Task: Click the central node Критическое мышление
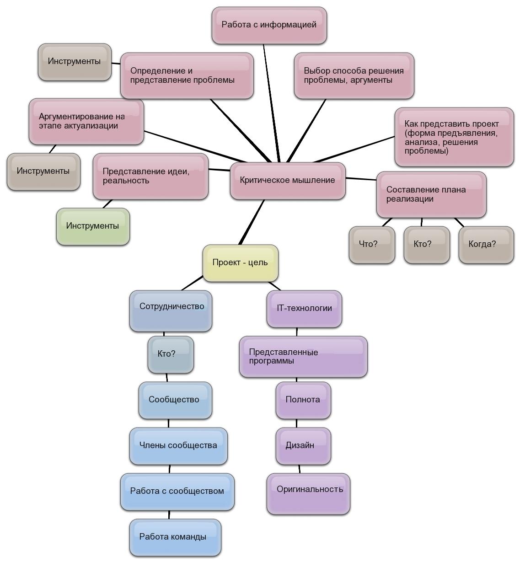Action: pyautogui.click(x=288, y=181)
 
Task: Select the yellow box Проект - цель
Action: pyautogui.click(x=240, y=263)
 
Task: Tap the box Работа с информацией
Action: pyautogui.click(x=269, y=25)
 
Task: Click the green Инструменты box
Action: pyautogui.click(x=93, y=226)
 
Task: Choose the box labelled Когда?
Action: pyautogui.click(x=486, y=245)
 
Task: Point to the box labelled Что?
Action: pyautogui.click(x=372, y=245)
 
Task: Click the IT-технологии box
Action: pyautogui.click(x=304, y=309)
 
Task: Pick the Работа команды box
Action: pyautogui.click(x=175, y=537)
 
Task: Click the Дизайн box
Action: pyautogui.click(x=303, y=446)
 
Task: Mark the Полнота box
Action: pyautogui.click(x=303, y=400)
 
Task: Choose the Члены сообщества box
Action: pyautogui.click(x=178, y=446)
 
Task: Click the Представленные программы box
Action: pyautogui.click(x=303, y=357)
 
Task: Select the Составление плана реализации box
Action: pyautogui.click(x=431, y=194)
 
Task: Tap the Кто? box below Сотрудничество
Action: pyautogui.click(x=171, y=354)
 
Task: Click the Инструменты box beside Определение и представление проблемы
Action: pyautogui.click(x=75, y=62)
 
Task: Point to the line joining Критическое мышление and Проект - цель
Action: pyautogui.click(x=252, y=223)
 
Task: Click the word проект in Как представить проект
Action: pyautogui.click(x=486, y=124)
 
